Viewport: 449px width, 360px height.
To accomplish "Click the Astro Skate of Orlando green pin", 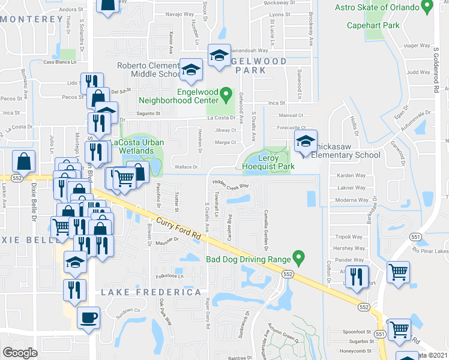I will click(427, 7).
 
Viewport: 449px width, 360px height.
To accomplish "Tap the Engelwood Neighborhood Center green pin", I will click(226, 94).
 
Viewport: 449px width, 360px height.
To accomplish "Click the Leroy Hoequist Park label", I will click(268, 161).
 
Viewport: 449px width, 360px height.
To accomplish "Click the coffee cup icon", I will click(89, 317).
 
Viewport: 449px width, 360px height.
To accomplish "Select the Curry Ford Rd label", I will click(178, 229).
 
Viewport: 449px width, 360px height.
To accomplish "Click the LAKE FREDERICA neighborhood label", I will click(151, 292).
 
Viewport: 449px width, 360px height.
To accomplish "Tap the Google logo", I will click(20, 353).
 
